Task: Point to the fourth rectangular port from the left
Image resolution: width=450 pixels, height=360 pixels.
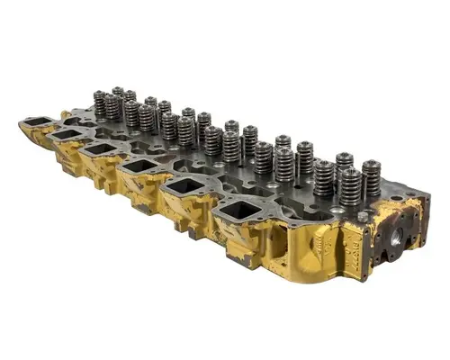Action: click(137, 168)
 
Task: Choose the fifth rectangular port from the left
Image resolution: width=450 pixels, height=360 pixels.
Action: click(183, 190)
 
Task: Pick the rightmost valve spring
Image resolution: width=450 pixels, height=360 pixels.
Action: click(371, 177)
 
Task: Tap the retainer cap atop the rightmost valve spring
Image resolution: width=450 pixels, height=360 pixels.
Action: click(371, 165)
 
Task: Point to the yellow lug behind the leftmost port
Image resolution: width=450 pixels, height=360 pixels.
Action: click(65, 116)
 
